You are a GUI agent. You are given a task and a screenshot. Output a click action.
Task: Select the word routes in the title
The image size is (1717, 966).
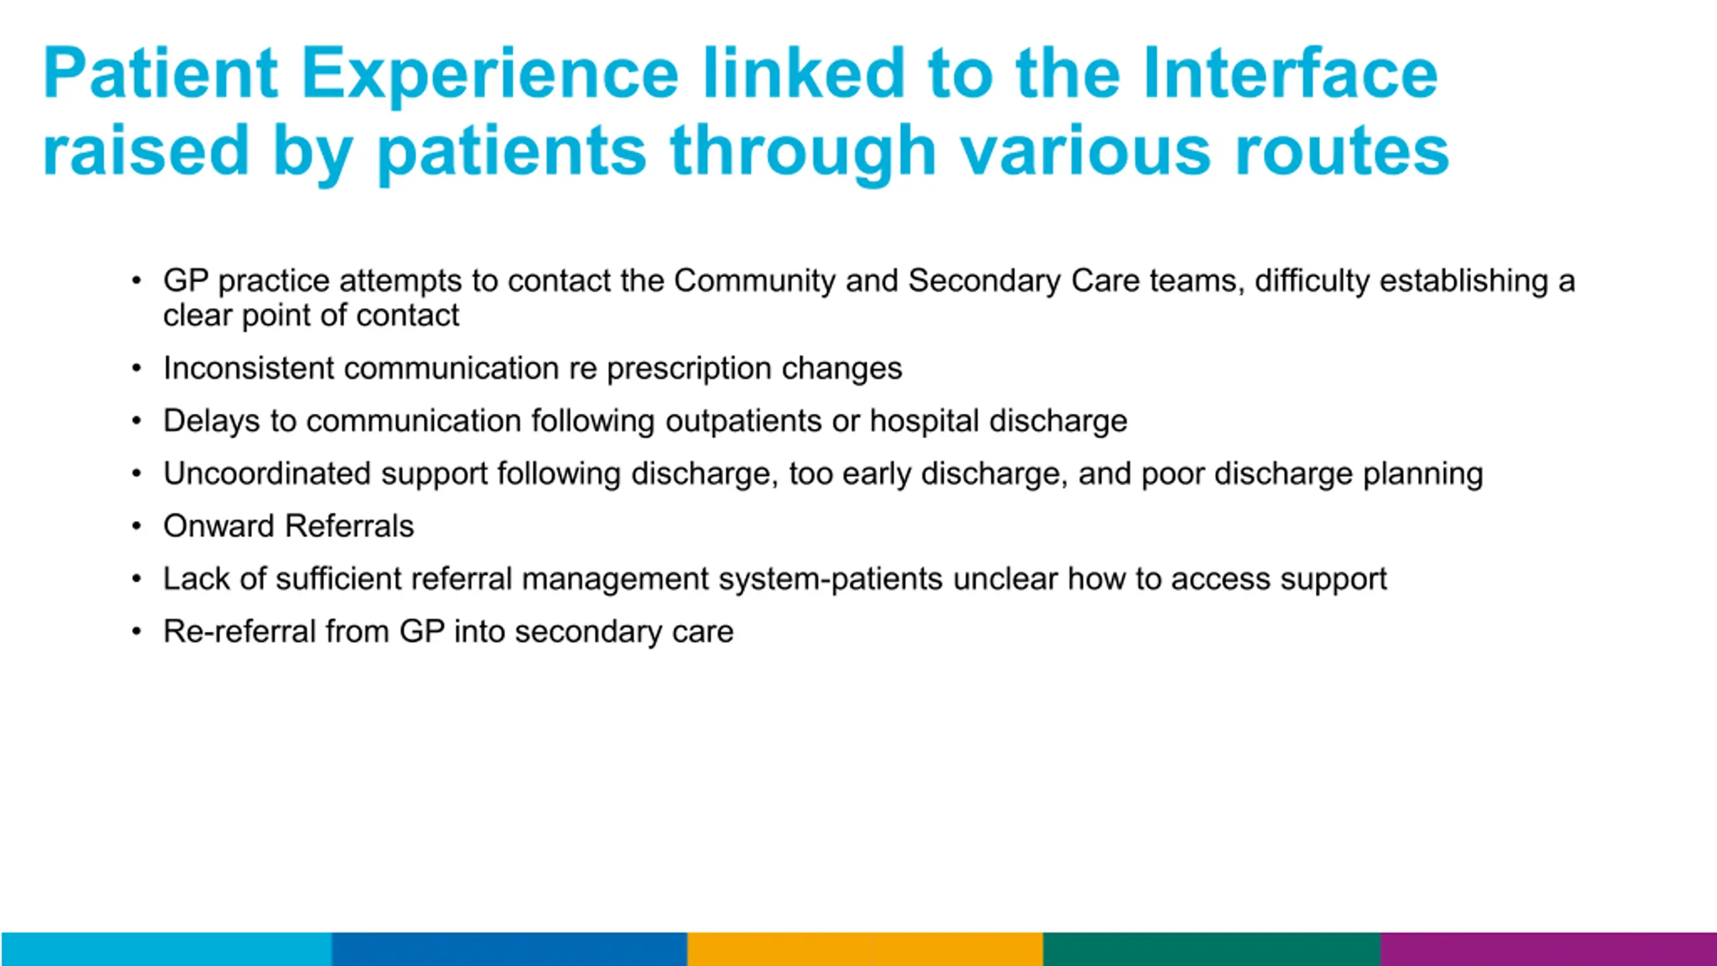coord(1342,152)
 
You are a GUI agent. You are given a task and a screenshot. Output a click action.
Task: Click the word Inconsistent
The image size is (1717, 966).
coord(249,368)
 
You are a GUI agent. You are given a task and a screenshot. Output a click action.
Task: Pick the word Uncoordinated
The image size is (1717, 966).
coord(268,474)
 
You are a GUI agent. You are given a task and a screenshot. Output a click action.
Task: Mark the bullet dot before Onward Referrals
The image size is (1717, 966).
coord(137,526)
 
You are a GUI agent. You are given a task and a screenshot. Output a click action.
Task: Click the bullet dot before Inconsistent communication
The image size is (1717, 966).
coord(137,368)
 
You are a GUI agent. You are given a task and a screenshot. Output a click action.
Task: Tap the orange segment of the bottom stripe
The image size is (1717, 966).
coord(865,949)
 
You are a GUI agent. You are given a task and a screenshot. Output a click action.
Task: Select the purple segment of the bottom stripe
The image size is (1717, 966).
coord(1549,949)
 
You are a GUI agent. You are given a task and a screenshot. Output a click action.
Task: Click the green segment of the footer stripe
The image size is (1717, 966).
coord(1212,949)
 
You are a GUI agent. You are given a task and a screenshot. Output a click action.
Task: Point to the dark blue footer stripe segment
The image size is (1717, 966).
coord(510,949)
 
